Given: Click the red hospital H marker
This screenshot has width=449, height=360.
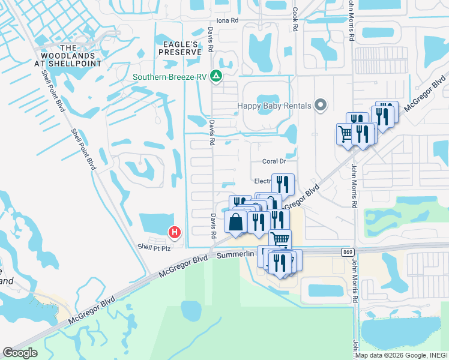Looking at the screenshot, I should coord(174,232).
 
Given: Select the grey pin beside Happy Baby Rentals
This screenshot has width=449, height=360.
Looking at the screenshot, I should coord(321,106).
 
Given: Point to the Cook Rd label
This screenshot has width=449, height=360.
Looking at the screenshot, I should coord(295,19).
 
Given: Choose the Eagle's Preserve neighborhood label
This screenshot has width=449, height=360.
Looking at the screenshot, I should coord(179,48).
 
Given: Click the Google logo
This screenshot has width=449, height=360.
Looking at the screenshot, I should coord(20,352).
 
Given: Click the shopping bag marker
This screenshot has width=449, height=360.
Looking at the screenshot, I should coord(236,222).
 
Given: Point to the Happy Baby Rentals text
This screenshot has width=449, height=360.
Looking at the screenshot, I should coord(274,106).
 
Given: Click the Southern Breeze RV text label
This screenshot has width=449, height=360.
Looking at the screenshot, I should coord(170,77).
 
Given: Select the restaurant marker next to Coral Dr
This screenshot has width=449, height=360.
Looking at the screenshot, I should coord(283,184).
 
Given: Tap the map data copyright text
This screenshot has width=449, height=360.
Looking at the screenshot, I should coord(400,355).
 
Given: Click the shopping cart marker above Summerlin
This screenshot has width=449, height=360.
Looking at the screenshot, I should coord(280,239).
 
